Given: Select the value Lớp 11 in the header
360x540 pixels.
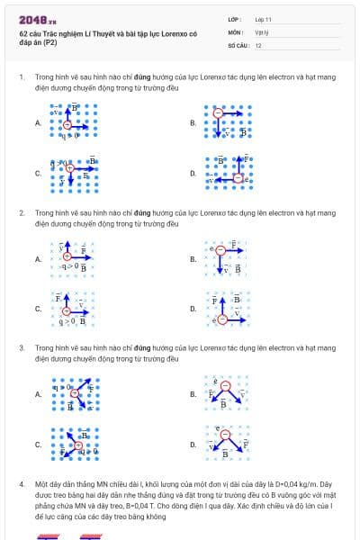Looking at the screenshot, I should tap(264, 18).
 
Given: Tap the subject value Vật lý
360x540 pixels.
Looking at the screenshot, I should tap(261, 31).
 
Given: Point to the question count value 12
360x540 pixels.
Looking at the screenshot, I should tap(258, 44).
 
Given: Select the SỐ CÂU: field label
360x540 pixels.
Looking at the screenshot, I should tap(238, 44).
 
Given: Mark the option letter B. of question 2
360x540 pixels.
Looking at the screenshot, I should tap(193, 259).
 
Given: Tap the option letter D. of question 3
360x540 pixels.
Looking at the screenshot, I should tap(193, 445).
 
